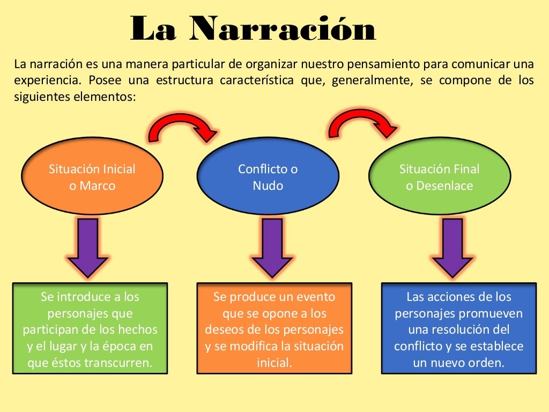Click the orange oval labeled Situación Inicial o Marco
pos(92,177)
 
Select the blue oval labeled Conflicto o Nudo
pos(268,177)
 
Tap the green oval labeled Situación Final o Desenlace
pos(440,177)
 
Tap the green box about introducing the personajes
pos(90,329)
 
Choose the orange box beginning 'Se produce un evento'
pos(274,329)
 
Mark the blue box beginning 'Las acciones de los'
pos(459,329)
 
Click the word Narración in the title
pos(283,30)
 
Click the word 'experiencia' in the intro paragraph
pos(44,81)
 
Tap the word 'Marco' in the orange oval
pos(97,186)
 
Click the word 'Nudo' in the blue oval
pos(268,186)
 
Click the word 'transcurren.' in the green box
pos(118,363)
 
